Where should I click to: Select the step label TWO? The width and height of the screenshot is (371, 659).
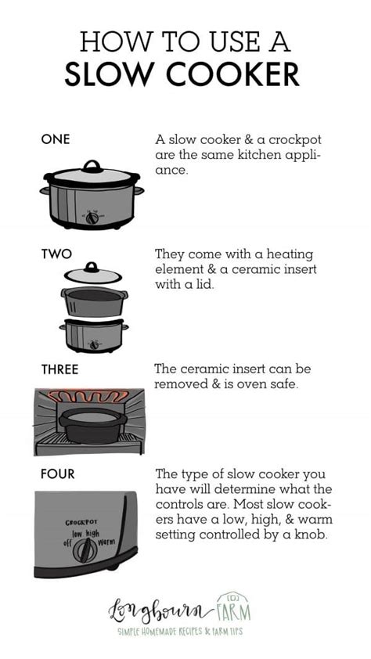56,254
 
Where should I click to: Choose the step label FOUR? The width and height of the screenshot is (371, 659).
59,474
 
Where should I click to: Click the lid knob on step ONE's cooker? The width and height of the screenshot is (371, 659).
92,165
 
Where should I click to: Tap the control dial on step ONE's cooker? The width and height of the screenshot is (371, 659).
93,213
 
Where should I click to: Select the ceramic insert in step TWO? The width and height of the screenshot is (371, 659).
92,302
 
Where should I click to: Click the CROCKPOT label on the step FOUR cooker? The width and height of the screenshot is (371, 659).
81,521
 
